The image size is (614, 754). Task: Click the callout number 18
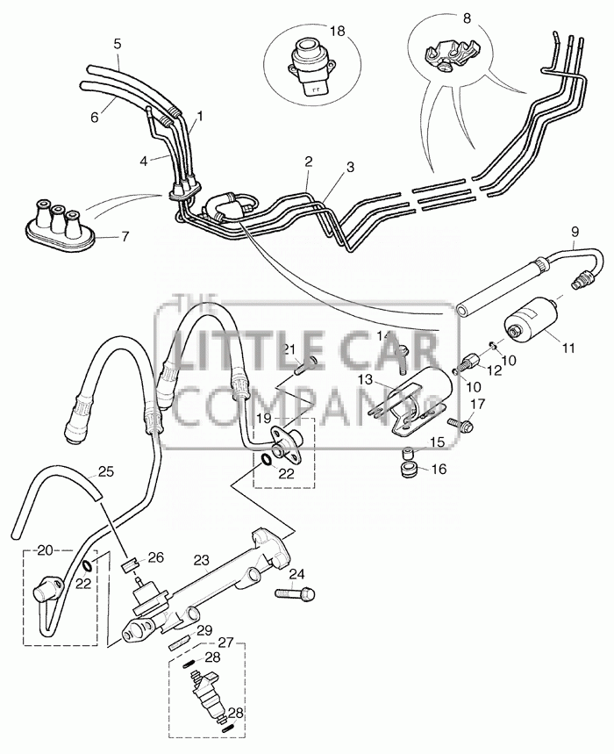(x=338, y=32)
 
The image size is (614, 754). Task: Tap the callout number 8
(x=467, y=18)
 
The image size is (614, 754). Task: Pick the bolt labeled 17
(x=460, y=424)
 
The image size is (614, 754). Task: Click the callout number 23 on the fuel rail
(x=201, y=560)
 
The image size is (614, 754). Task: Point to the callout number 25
(x=106, y=471)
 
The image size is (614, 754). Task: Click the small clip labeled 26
(x=132, y=564)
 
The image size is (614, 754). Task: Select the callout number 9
(x=575, y=232)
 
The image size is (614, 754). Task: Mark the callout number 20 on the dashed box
(x=45, y=551)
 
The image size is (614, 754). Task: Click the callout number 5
(x=118, y=44)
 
